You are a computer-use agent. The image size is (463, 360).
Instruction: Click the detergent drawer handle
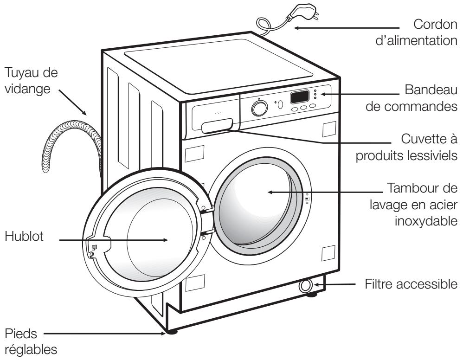coord(217,126)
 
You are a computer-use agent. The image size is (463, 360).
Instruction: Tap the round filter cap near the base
coord(305,286)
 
